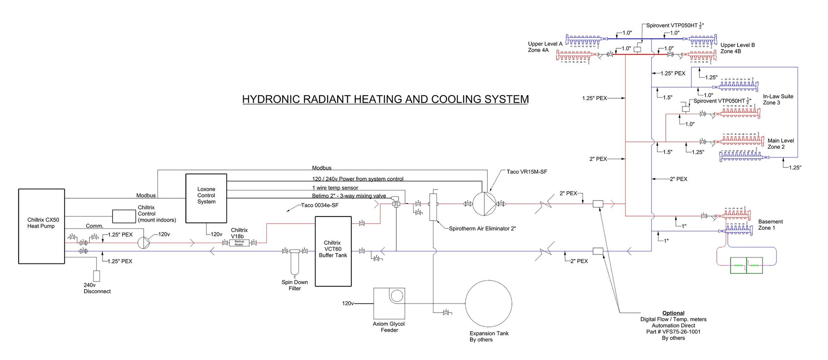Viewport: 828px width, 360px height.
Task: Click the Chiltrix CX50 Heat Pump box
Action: [41, 226]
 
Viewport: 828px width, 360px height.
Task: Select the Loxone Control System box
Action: [206, 198]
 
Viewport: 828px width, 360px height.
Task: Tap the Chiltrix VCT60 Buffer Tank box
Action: [333, 251]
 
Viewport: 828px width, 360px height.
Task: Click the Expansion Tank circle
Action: [489, 304]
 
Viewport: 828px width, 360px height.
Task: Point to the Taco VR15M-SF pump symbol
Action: [484, 203]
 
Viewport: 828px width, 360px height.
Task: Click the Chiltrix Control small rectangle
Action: [124, 216]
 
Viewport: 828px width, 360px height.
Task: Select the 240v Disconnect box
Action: [97, 276]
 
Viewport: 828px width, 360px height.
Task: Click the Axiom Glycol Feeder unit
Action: [389, 304]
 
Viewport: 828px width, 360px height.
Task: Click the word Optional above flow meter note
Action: [673, 313]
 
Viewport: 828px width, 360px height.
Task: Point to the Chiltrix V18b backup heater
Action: [239, 243]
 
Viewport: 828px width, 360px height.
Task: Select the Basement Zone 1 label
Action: [770, 225]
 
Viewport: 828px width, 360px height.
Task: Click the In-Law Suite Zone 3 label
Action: [778, 100]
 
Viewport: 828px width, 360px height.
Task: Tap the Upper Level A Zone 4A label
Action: [545, 47]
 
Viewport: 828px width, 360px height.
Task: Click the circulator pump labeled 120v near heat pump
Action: [144, 243]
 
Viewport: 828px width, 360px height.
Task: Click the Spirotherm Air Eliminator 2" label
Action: [482, 229]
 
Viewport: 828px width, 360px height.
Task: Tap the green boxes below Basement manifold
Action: [746, 265]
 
